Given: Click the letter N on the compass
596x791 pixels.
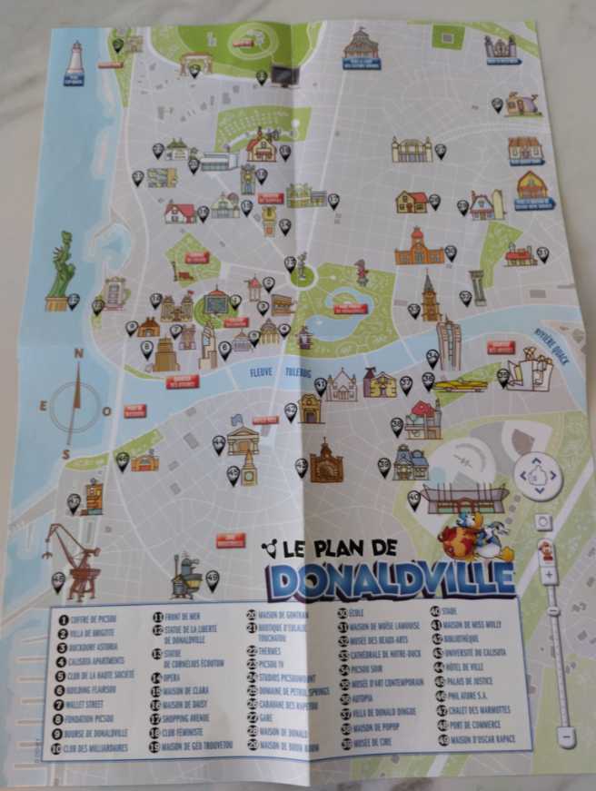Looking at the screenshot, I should click(79, 354).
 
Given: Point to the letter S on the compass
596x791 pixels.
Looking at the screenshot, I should click(66, 453).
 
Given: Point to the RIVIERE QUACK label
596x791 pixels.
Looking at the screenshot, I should click(551, 337).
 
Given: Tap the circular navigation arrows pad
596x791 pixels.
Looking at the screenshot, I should click(536, 474).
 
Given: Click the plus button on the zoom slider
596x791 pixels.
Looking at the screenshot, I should click(549, 575).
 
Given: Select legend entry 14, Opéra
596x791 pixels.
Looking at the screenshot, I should click(173, 677).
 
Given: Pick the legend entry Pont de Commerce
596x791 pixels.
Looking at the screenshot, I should click(472, 723).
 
